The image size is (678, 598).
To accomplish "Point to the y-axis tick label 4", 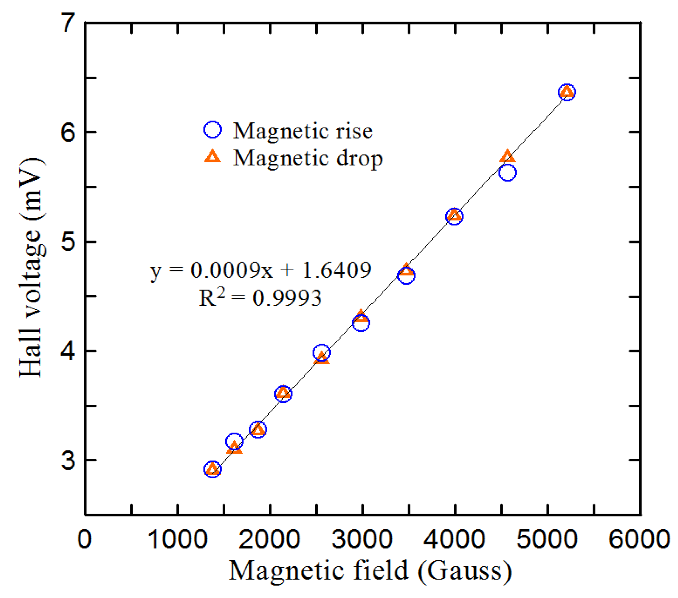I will coord(69,351).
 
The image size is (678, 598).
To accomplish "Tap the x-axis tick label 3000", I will coord(362,539).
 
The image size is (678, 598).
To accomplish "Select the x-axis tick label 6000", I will coord(639,539).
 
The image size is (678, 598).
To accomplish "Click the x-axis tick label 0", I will coord(84,539).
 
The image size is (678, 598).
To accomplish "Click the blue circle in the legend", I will coord(212,130).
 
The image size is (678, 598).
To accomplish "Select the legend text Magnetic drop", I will coord(308,157).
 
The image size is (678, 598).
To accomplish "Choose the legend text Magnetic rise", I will coord(303,131).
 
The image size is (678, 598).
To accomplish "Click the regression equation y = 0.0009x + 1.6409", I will coord(261,270).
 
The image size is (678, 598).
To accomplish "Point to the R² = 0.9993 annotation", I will coord(260,298).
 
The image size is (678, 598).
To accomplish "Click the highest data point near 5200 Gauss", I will coord(567,92).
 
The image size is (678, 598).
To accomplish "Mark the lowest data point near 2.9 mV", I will coord(212,469).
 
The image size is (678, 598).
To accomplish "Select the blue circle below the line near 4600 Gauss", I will coord(508,173).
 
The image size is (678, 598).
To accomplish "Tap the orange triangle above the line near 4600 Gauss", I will coord(507,156).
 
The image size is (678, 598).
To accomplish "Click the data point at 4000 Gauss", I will coord(454,216).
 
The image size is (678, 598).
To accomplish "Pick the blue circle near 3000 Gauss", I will coord(361,323).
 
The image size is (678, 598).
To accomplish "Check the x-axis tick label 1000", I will coord(178,539).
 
